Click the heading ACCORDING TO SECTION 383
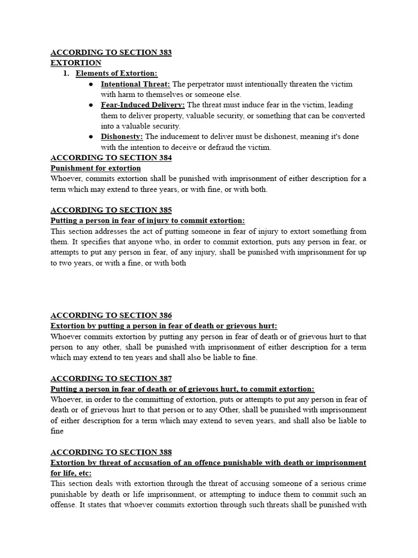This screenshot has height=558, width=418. click(x=111, y=53)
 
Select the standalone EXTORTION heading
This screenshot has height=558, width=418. click(x=76, y=63)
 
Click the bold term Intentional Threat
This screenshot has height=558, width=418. click(x=136, y=84)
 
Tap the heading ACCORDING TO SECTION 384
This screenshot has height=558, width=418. click(x=111, y=157)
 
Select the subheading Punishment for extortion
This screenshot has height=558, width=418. click(x=96, y=168)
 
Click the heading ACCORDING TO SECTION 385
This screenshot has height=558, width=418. click(x=111, y=210)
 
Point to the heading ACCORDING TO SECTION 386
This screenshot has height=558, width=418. click(x=111, y=315)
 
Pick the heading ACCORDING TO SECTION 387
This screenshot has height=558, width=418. click(x=111, y=378)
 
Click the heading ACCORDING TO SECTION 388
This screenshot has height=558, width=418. click(x=111, y=452)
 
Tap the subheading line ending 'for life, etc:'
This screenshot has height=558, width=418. click(x=71, y=473)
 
